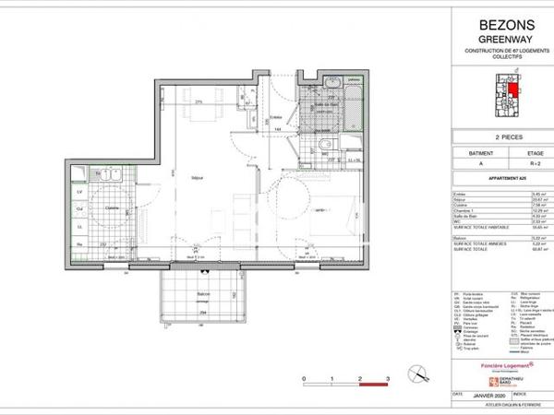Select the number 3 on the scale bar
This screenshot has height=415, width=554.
point(388,379)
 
